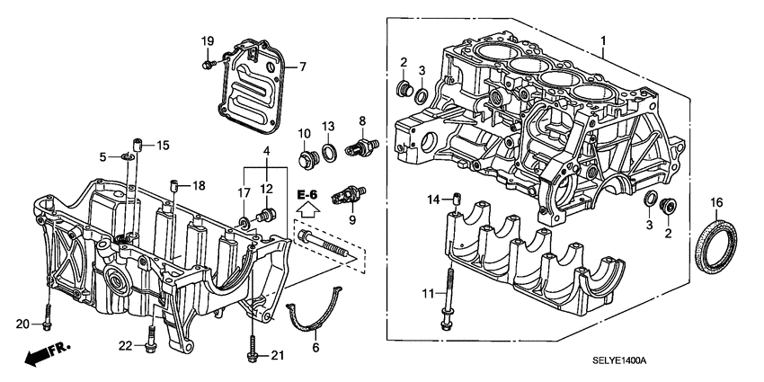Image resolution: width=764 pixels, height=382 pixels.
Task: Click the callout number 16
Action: [x=716, y=201]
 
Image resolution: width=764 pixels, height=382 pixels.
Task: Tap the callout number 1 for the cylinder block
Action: [x=604, y=41]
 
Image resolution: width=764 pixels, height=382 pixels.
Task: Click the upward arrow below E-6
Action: [x=306, y=212]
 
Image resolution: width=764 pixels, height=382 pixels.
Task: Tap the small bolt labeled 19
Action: [x=208, y=63]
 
